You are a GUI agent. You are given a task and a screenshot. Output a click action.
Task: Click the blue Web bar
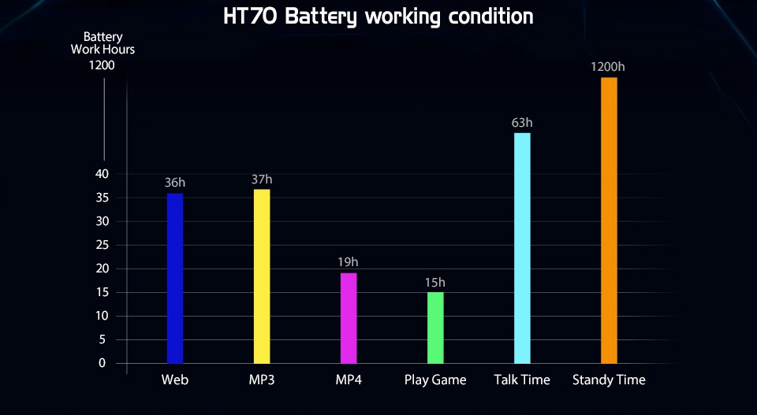(175, 278)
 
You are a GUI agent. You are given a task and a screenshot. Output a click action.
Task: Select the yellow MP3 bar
(262, 276)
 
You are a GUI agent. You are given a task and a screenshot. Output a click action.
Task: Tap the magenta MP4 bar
(349, 318)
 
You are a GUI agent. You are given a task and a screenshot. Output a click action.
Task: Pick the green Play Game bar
(435, 328)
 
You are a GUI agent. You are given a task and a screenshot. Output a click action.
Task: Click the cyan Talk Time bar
(522, 248)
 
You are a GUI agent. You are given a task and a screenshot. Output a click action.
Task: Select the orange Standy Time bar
(609, 220)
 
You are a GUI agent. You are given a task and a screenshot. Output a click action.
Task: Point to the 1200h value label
(608, 66)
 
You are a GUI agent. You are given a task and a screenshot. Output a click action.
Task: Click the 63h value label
(522, 123)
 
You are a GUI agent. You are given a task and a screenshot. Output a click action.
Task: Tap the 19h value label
(348, 262)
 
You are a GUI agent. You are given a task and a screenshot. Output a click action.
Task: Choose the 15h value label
(435, 283)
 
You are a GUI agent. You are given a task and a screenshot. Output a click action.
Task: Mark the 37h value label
(262, 180)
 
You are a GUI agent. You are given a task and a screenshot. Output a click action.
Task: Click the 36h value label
(175, 183)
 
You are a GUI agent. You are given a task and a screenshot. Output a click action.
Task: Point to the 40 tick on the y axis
(102, 174)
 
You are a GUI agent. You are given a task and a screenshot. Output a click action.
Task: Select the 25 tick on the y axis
(103, 246)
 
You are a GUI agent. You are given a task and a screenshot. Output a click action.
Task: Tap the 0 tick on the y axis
(102, 363)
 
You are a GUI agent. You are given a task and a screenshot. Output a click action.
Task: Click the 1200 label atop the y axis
(102, 65)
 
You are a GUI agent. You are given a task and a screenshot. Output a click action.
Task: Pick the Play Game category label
(435, 380)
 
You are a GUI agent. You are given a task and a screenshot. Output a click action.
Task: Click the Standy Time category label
(609, 380)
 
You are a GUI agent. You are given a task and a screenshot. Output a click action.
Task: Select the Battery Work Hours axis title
(103, 43)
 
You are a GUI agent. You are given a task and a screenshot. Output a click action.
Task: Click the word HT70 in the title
(251, 17)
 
